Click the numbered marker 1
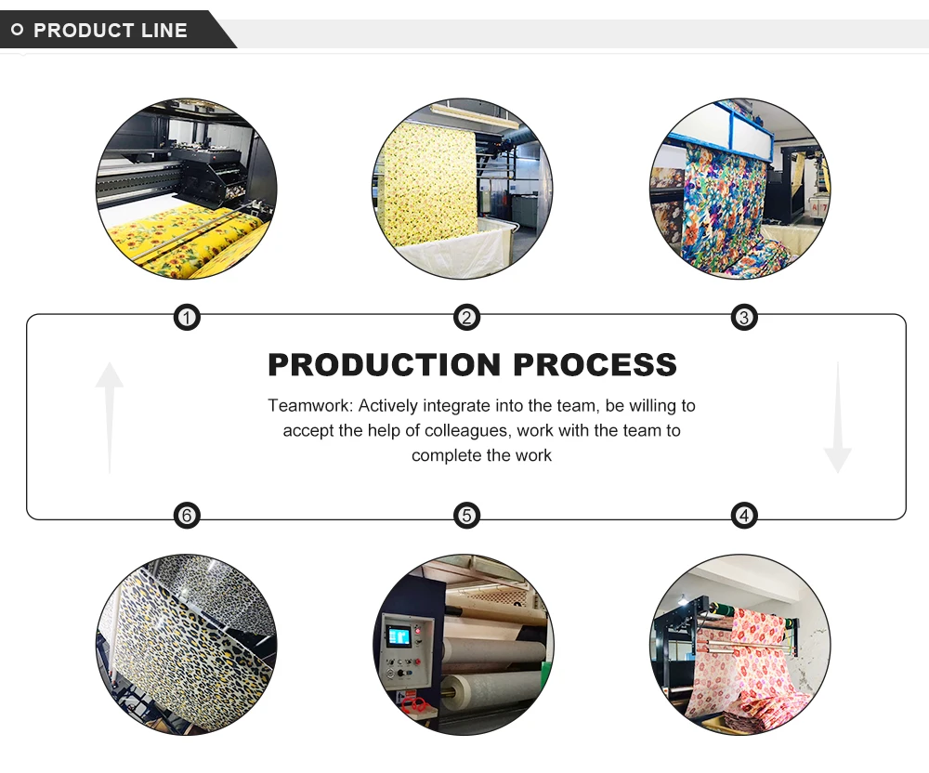188,319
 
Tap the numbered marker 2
466,319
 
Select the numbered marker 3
743,319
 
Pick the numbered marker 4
743,516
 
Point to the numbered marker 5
466,516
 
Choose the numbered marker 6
188,516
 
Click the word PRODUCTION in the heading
385,365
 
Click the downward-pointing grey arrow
837,418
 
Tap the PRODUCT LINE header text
111,31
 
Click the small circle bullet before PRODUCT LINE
17,31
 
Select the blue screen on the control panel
398,636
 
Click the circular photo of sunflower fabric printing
187,188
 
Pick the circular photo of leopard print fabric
187,645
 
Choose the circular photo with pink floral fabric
740,645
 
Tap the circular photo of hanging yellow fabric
463,188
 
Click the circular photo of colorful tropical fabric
740,188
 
